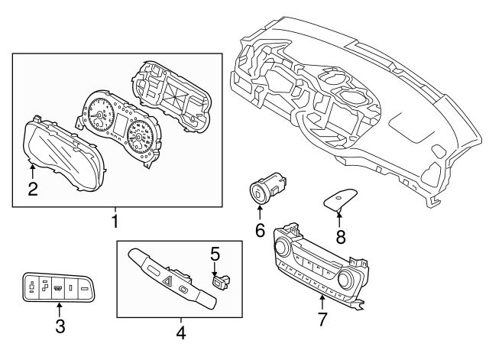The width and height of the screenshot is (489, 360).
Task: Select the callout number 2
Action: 32,188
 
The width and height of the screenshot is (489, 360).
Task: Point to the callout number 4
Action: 180,332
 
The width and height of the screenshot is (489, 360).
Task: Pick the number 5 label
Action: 215,252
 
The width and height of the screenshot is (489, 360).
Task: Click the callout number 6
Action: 259,229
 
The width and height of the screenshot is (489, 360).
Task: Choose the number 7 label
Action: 322,319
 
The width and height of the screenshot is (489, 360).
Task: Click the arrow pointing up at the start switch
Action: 259,211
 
